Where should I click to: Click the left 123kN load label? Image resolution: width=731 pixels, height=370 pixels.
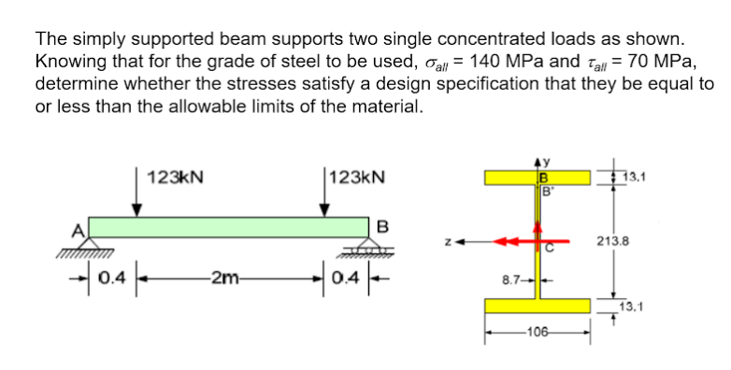175,178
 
